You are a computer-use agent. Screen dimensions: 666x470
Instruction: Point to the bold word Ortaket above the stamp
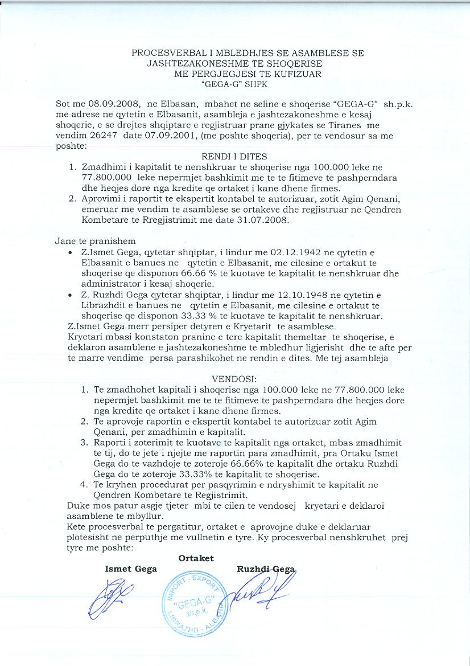pos(196,558)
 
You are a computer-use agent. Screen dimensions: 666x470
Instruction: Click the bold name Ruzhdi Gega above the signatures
pos(265,569)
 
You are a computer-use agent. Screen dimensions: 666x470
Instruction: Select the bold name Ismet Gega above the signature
pos(131,569)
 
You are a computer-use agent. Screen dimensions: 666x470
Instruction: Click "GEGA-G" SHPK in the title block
pos(233,84)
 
